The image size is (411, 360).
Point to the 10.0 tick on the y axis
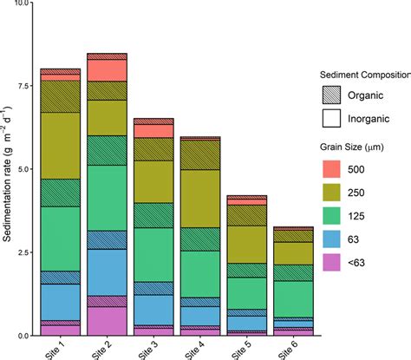tap(23, 3)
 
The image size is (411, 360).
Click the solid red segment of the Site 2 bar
tap(108, 70)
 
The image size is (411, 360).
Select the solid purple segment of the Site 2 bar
tap(108, 320)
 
